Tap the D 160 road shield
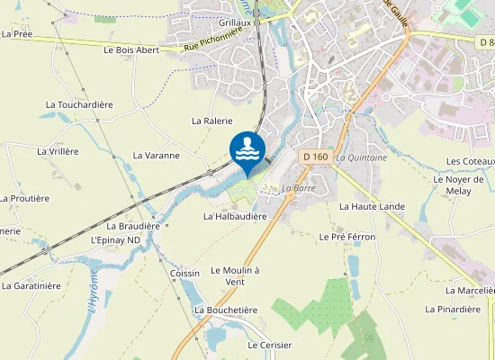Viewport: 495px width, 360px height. tap(314, 157)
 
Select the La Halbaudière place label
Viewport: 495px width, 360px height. tap(236, 216)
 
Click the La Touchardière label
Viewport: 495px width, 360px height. tap(79, 104)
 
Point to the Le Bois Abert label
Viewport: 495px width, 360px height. tap(131, 50)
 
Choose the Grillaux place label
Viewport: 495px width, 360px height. tap(235, 23)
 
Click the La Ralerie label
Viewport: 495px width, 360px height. tap(212, 121)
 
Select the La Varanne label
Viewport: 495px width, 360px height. tap(157, 155)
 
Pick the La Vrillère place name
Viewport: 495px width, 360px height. tap(58, 151)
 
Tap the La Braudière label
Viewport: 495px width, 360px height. tap(133, 226)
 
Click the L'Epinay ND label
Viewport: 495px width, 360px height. tap(116, 240)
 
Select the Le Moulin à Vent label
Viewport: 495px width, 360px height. tap(235, 275)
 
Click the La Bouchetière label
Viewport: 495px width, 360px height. tap(226, 310)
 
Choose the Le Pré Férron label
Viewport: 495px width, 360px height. tap(347, 236)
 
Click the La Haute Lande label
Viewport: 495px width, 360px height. tap(372, 206)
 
